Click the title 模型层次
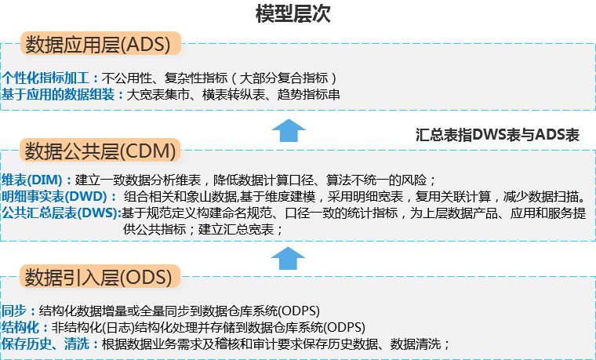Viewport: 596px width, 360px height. (293, 14)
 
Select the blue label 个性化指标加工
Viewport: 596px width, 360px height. (49, 78)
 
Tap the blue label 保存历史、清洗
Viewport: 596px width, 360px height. (49, 344)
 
